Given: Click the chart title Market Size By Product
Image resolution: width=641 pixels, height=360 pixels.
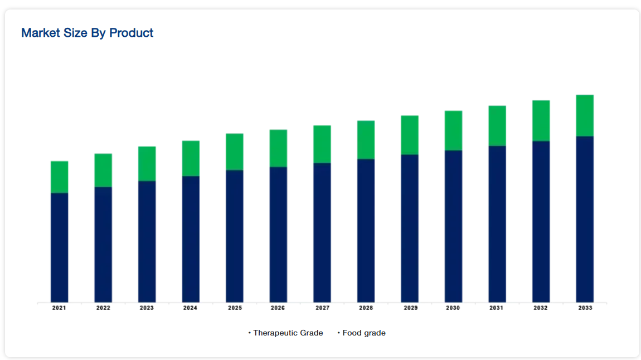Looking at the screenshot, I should click(87, 33).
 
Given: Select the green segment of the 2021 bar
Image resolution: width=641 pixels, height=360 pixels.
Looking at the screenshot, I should click(59, 177).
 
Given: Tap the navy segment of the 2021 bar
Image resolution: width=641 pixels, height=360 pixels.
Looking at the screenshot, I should click(59, 247).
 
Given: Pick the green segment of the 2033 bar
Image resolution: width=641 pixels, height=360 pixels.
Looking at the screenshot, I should click(585, 115).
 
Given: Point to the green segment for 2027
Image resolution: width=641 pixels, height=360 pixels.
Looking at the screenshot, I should click(322, 144).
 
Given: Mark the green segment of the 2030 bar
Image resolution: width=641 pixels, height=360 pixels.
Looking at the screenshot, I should click(453, 130).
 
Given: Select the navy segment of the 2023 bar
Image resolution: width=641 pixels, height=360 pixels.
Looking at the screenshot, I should click(147, 241).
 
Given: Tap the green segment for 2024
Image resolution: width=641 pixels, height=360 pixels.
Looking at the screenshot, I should click(191, 158).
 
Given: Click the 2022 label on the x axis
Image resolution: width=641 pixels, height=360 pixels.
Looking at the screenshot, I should click(103, 308).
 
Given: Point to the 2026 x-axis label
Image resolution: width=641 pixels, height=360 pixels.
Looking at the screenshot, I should click(278, 308).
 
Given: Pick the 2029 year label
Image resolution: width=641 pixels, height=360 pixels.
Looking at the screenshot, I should click(410, 308).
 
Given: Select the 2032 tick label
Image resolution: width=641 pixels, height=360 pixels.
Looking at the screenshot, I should click(541, 308).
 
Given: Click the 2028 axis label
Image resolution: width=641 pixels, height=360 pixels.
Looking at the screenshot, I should click(366, 308).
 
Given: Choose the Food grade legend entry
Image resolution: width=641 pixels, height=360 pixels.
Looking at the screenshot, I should click(363, 333).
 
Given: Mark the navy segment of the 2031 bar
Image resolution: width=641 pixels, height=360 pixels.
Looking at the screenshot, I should click(497, 224).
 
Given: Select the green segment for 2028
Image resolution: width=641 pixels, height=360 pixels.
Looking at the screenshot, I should click(366, 139).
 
